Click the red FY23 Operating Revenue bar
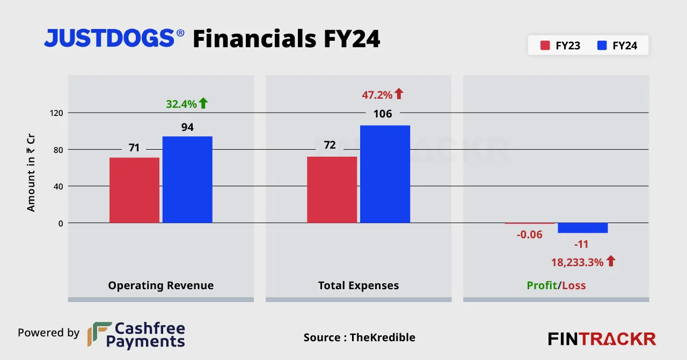coord(134,190)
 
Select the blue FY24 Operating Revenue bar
coord(187,179)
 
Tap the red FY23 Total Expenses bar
coord(332,189)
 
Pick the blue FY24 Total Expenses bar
coord(385,174)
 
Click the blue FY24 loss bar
coord(582,228)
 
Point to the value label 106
coord(383,114)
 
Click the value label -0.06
coord(529,234)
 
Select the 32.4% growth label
coord(181,104)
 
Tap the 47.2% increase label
coord(378,95)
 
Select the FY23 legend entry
coord(560,46)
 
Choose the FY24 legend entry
coord(617,46)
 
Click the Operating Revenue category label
coord(160,285)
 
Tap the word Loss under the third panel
coord(573,285)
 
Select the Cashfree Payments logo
coord(136,335)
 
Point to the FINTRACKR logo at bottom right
coord(602,339)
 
